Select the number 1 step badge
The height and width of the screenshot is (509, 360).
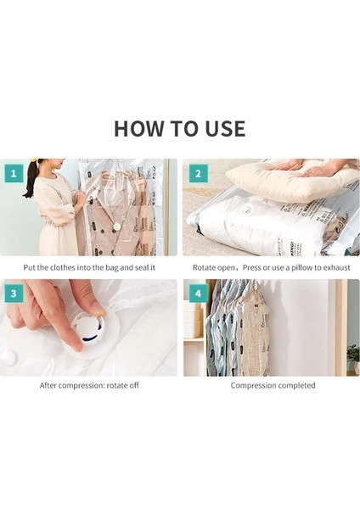pos(14,173)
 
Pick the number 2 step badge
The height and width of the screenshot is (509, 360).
pos(198,173)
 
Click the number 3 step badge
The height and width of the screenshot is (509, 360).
pos(14,294)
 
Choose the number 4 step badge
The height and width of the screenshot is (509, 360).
pos(198,294)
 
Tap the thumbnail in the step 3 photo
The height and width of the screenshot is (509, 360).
pos(96,309)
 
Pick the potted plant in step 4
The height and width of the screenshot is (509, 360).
pos(353,359)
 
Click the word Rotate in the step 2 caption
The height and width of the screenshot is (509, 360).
pos(204,268)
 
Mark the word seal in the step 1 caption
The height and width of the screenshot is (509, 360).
pos(141,268)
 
